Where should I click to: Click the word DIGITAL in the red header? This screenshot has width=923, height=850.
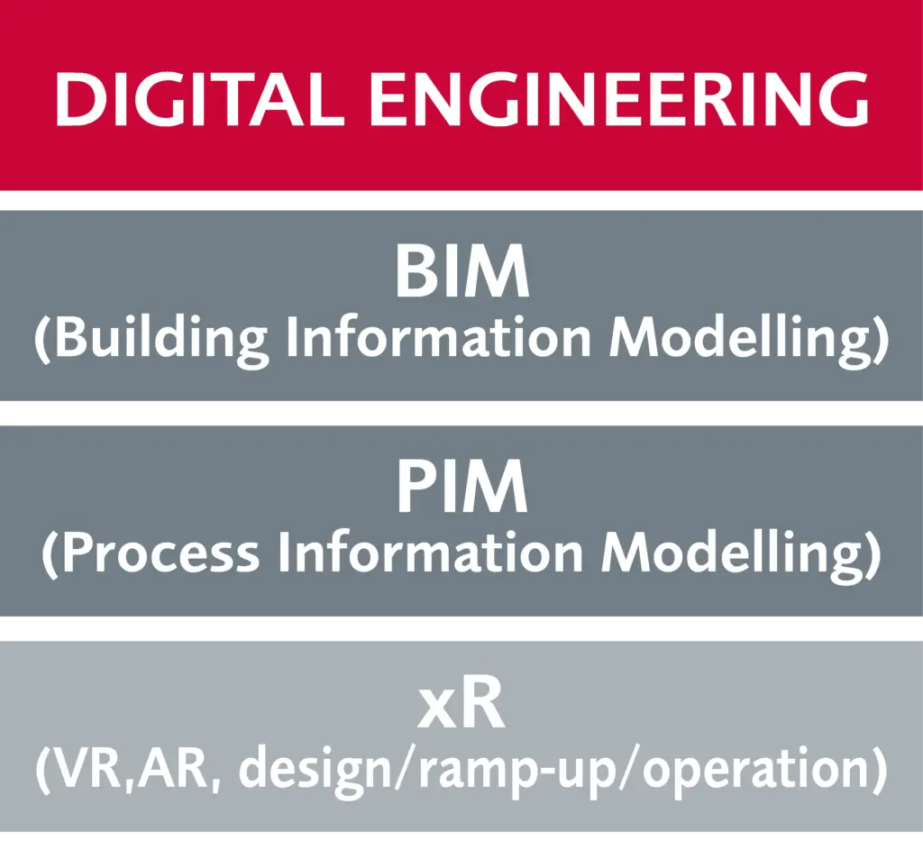click(x=199, y=99)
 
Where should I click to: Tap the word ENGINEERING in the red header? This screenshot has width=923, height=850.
click(x=618, y=99)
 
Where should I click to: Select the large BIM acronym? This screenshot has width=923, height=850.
click(x=462, y=271)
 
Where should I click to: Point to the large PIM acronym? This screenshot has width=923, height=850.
click(x=462, y=487)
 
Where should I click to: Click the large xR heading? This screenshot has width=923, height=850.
click(x=461, y=703)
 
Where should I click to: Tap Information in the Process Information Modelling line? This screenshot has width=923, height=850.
click(x=430, y=553)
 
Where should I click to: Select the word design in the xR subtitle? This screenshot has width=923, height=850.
click(x=315, y=772)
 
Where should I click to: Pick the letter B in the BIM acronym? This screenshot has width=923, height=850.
click(x=416, y=271)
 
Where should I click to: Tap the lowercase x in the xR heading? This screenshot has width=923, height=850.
click(x=437, y=709)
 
